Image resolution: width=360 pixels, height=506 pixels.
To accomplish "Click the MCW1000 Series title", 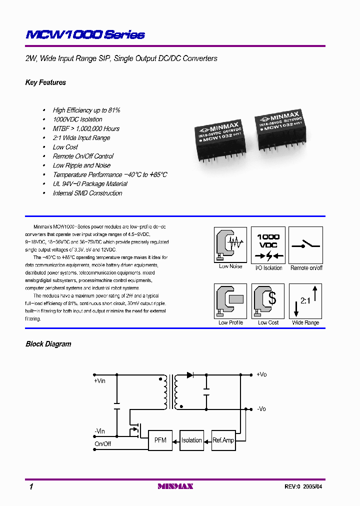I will click(x=85, y=34).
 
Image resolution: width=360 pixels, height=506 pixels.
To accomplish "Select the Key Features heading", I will click(x=45, y=82).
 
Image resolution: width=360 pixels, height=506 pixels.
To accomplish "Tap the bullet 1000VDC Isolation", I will click(x=77, y=119).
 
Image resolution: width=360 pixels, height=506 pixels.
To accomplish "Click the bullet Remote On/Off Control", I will click(x=83, y=156).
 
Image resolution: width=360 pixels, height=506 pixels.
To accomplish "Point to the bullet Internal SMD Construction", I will click(x=87, y=193).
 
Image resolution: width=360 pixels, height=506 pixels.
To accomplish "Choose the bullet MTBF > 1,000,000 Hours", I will click(x=86, y=129).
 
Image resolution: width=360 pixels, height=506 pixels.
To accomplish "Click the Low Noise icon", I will click(x=230, y=244).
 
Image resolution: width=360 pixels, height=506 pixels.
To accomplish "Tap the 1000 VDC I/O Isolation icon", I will click(x=268, y=244).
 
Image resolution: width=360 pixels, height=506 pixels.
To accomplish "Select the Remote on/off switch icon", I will click(x=306, y=244).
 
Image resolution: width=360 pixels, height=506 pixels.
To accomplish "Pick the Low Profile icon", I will click(x=230, y=301).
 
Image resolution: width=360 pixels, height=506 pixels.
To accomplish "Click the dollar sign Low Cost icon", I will click(x=268, y=301).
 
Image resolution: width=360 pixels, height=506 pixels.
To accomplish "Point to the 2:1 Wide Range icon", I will click(x=305, y=301).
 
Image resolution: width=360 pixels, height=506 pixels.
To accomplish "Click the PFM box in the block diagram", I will click(x=160, y=440).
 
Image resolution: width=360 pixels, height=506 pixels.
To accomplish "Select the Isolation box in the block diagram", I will click(x=191, y=440).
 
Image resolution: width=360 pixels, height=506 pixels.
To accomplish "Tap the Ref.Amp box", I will click(x=222, y=440).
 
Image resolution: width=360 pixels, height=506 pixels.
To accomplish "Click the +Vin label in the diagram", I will click(x=100, y=381).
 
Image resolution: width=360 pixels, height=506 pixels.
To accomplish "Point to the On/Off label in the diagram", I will click(x=102, y=444).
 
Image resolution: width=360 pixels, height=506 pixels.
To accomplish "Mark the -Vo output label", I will click(x=261, y=409).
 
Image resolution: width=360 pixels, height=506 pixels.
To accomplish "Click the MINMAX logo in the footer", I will click(x=175, y=486).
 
